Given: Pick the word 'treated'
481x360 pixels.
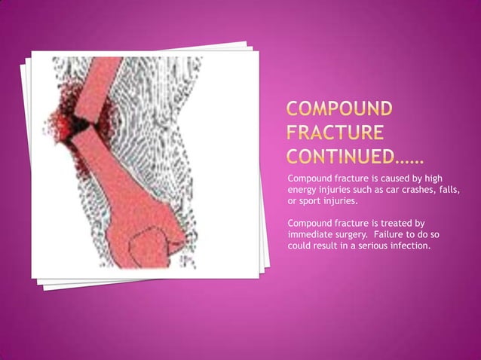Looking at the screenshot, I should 394,223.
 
